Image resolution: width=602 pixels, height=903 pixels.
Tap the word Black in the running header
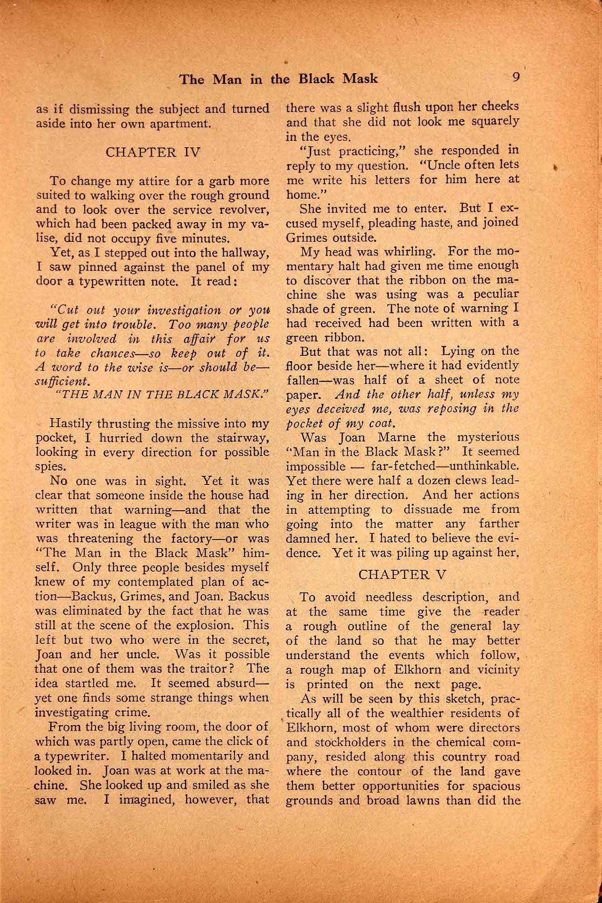coord(316,79)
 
